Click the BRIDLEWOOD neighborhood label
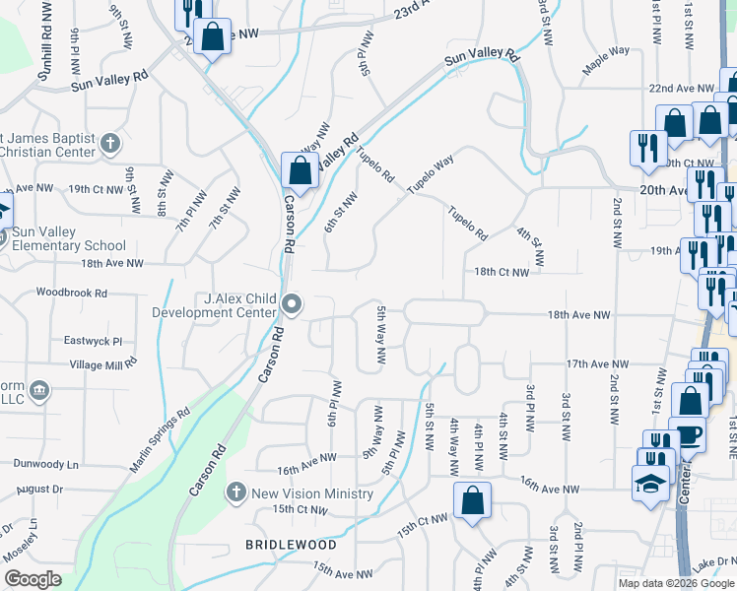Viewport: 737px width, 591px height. pos(291,545)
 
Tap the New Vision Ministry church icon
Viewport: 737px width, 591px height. pos(235,492)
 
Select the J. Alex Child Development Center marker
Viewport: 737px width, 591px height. pos(292,304)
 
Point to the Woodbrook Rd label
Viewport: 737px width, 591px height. pos(71,293)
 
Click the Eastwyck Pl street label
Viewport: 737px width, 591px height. pos(93,341)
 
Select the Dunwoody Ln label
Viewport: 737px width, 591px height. pos(46,464)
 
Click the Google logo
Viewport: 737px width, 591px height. pos(33,579)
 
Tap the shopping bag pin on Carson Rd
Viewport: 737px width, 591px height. pos(299,169)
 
